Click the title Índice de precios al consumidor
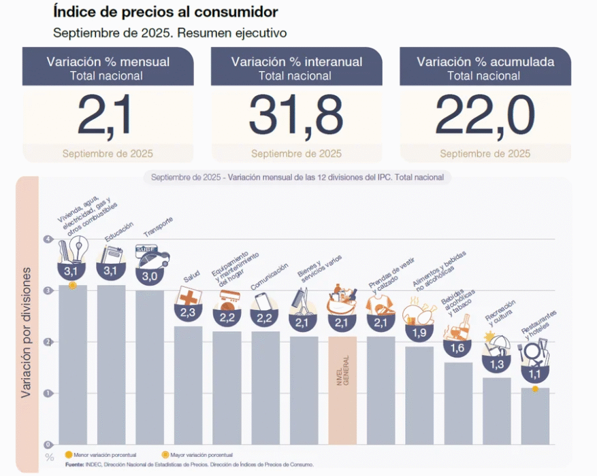165,13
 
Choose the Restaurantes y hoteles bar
535,415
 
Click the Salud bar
188,385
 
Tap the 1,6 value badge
458,348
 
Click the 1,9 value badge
420,333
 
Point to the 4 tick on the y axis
48,239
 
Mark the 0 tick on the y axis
48,444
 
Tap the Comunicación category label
270,276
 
